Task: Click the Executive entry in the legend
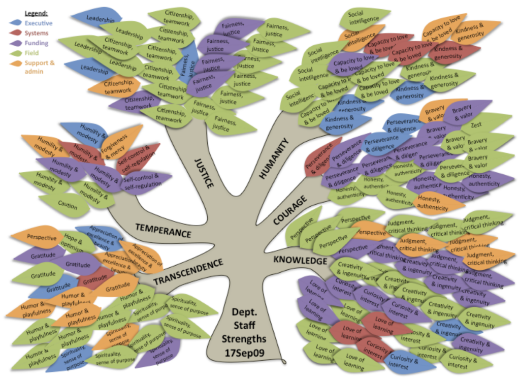(39, 23)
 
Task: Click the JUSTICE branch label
(204, 173)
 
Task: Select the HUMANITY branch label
(273, 159)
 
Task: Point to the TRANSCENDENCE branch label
(188, 272)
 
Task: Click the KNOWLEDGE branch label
(300, 260)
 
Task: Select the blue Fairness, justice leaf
(186, 69)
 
